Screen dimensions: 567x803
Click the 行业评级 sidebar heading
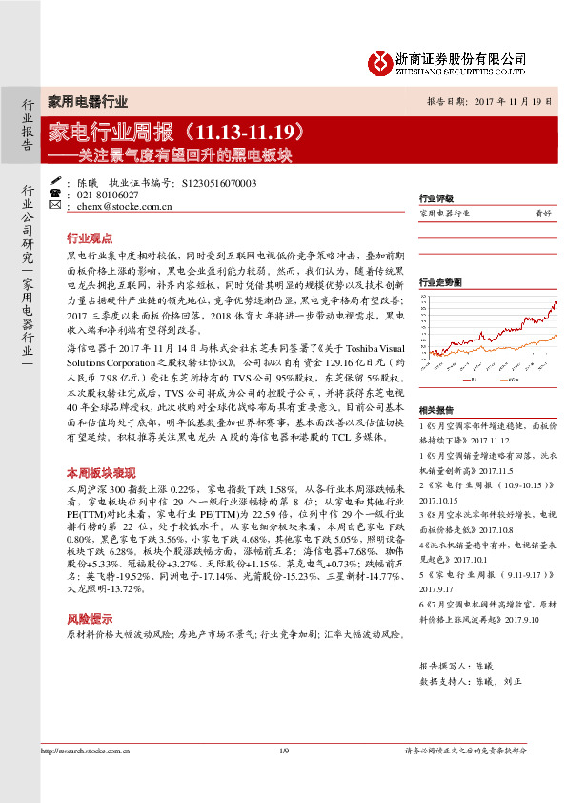(x=435, y=198)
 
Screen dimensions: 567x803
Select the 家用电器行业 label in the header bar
(x=87, y=101)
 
